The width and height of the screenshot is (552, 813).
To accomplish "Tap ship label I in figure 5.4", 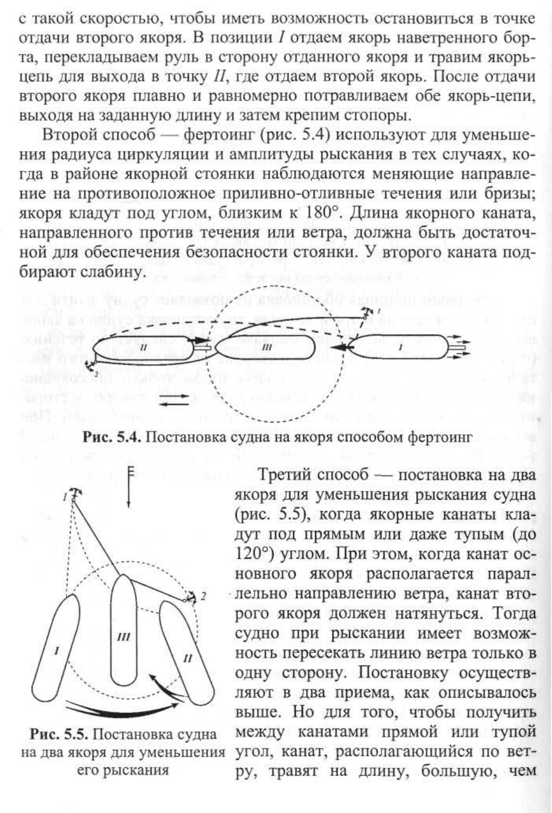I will click(401, 346).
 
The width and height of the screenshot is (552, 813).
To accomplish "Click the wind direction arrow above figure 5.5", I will click(128, 487).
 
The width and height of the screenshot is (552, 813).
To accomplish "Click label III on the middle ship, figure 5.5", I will click(123, 637).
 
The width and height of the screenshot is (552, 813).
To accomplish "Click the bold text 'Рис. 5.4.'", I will click(111, 437).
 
